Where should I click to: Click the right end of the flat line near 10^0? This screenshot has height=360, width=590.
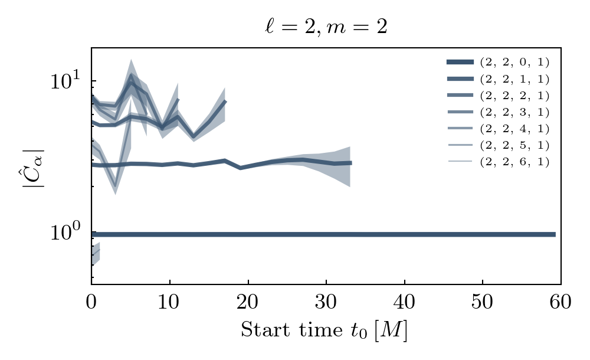pyautogui.click(x=554, y=234)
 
